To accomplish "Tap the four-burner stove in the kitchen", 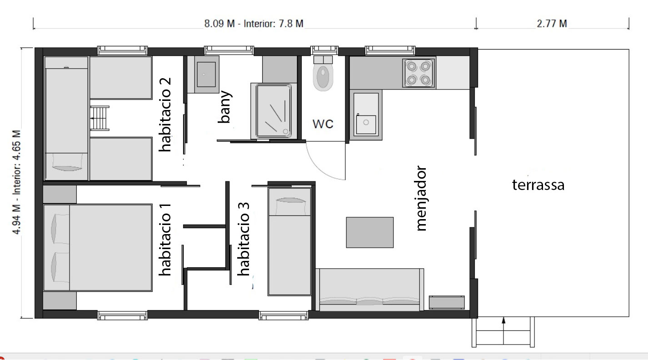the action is [419, 73].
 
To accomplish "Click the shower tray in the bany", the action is [274, 110].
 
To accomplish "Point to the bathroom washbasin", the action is [206, 74].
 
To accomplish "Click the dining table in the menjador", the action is [370, 232].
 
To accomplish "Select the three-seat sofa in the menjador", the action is [370, 290].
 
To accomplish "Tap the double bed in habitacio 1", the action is [98, 248].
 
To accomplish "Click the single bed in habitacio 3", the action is [289, 242].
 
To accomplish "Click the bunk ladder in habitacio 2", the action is [100, 118].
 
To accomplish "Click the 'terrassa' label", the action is [538, 185].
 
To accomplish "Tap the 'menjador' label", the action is [421, 199].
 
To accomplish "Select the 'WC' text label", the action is [323, 124].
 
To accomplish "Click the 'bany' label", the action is [225, 107].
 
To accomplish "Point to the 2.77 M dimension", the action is [552, 24].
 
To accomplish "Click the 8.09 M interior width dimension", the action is [254, 24].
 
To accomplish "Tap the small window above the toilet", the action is [324, 50].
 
